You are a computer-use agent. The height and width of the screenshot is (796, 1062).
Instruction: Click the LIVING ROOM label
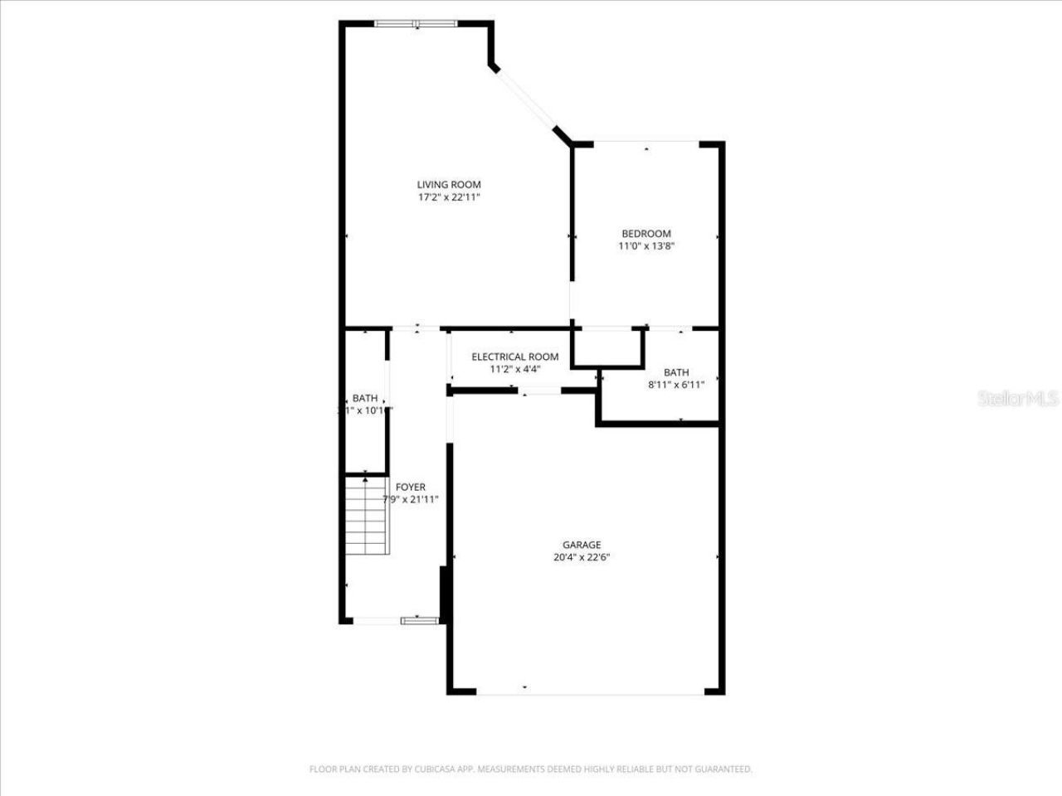click(x=448, y=184)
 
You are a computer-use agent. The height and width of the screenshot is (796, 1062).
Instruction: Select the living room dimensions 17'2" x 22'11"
click(x=448, y=197)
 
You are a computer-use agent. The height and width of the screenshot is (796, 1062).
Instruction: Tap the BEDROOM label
click(x=645, y=234)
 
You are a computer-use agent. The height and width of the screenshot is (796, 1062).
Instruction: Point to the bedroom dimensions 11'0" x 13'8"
click(x=645, y=246)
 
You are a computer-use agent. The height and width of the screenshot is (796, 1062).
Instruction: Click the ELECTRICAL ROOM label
click(x=514, y=357)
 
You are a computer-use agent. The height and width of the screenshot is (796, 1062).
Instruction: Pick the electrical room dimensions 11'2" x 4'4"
click(x=514, y=370)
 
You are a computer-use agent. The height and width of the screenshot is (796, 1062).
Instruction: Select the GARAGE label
click(x=582, y=545)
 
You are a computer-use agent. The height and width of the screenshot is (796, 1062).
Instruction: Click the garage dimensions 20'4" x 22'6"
click(x=582, y=557)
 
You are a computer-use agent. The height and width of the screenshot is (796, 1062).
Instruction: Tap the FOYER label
click(x=410, y=487)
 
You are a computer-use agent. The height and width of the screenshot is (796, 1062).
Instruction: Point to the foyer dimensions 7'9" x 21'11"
click(x=410, y=500)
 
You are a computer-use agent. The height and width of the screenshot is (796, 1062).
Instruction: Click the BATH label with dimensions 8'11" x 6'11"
click(x=676, y=372)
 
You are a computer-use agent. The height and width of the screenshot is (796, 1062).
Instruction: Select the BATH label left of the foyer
click(x=364, y=398)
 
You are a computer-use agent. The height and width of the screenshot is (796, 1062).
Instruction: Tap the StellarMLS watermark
click(x=1018, y=400)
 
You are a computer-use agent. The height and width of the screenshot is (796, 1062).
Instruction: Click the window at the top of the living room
click(x=416, y=23)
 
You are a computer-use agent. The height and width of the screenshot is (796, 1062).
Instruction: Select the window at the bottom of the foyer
click(x=420, y=619)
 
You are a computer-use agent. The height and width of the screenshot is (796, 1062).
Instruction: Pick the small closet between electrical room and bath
click(x=608, y=347)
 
